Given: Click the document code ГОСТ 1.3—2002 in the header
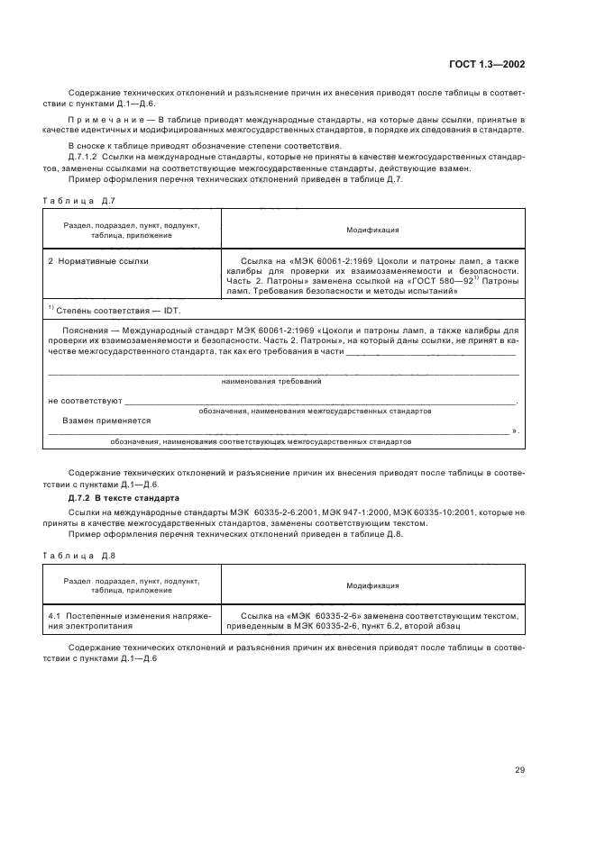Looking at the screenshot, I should [x=488, y=64].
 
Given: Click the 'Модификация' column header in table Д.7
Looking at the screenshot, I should [x=372, y=230].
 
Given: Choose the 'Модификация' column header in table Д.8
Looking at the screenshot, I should [x=372, y=585].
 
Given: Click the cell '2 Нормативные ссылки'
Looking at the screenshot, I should [x=98, y=261].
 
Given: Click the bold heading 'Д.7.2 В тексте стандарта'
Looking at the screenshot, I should [x=124, y=498].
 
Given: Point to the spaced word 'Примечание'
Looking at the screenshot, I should [x=99, y=119].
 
